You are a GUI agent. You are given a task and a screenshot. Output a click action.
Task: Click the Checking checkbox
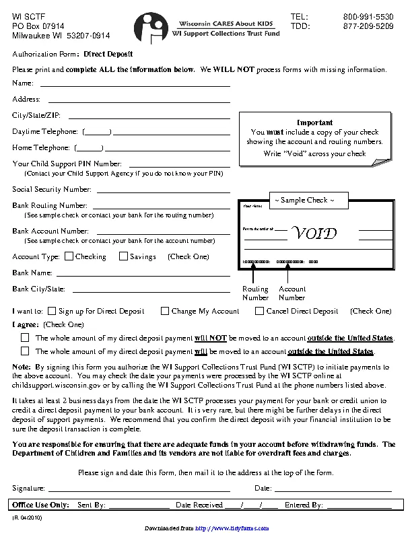[69, 256]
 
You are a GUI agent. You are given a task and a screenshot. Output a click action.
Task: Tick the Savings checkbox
[123, 256]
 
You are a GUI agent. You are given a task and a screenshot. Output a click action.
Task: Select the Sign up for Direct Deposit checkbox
[51, 311]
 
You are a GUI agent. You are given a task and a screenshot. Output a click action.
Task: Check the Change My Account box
[165, 311]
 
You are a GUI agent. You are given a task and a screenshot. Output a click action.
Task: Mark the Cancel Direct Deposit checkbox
[260, 311]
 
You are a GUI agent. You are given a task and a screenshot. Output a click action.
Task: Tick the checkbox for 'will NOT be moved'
[26, 338]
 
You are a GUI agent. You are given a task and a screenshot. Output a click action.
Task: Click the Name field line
[135, 85]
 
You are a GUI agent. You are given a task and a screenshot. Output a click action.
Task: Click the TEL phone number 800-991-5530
[368, 16]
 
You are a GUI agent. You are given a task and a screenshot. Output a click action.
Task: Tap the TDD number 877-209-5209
[368, 26]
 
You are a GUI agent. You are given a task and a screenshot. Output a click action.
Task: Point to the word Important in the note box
[314, 122]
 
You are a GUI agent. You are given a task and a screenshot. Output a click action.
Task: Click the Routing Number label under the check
[255, 293]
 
